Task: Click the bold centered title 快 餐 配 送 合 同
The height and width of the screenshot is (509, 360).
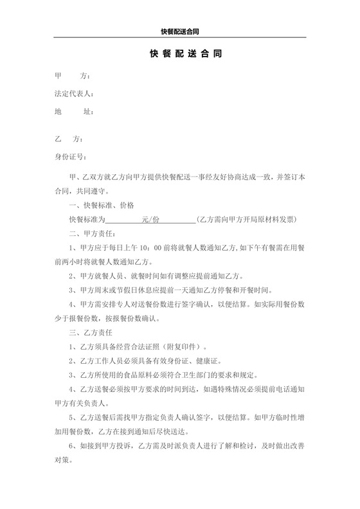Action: (x=180, y=55)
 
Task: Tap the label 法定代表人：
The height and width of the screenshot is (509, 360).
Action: (x=75, y=94)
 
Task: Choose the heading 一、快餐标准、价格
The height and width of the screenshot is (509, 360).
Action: (x=101, y=206)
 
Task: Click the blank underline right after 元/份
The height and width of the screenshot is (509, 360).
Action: (x=177, y=220)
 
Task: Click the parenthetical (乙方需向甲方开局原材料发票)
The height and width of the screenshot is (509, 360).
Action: (x=247, y=219)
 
